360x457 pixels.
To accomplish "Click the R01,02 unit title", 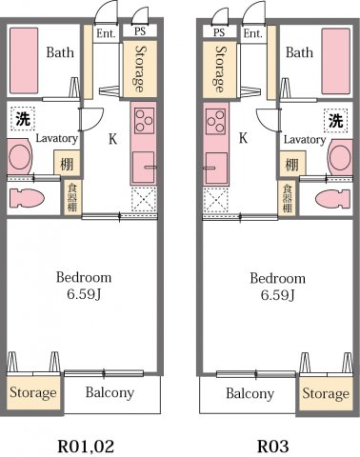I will pos(90,444).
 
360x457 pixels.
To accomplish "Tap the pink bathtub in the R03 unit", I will pos(336,60).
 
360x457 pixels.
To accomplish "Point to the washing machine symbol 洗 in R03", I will pos(335,120).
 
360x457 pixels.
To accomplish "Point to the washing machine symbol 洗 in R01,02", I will pos(21,120).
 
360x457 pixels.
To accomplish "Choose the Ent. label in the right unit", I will pos(252,32).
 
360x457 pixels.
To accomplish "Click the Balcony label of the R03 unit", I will pos(250,393).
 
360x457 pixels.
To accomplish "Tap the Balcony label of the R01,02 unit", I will pos(110,392).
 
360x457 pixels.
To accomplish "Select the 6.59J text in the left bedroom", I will pos(84,295).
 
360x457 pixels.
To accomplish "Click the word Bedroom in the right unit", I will pos(277,278).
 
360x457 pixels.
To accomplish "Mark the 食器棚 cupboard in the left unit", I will pos(71,196).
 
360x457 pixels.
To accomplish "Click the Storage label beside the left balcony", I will pos(33,393).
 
